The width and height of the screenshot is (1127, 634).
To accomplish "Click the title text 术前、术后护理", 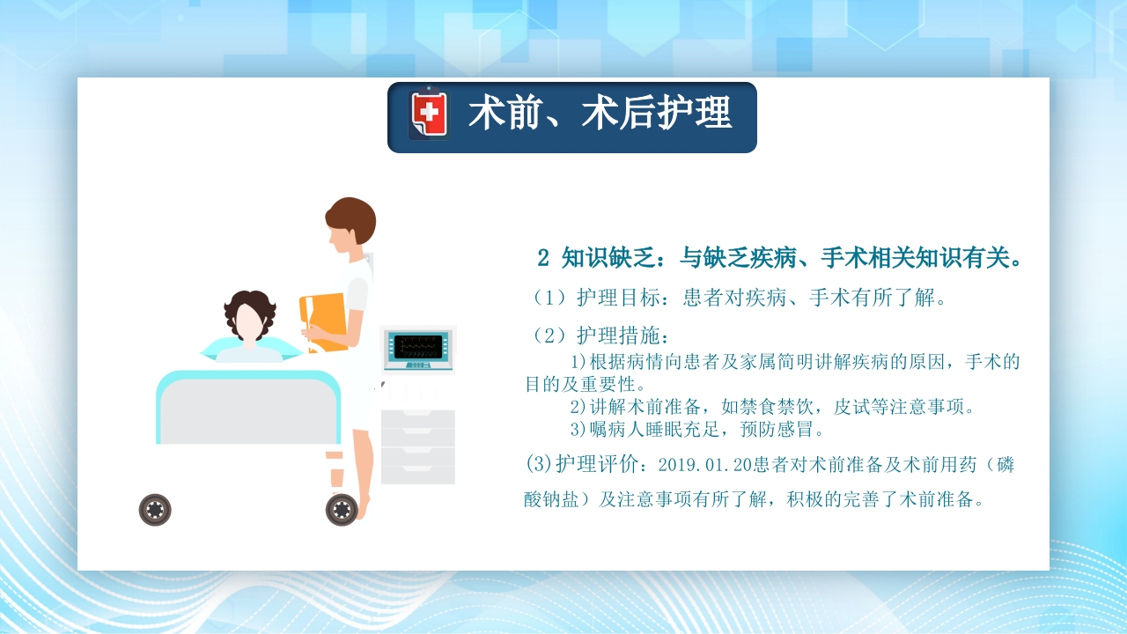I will [x=600, y=114].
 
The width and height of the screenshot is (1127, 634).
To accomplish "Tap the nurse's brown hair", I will [x=351, y=218].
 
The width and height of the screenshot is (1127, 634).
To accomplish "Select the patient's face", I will [x=249, y=325].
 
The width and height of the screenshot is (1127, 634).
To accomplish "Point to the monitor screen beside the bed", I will [x=418, y=343].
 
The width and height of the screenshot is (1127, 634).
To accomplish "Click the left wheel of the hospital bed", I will [x=155, y=509].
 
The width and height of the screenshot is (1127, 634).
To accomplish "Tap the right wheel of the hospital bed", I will [x=342, y=509].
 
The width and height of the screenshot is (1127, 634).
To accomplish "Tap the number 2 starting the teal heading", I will [x=543, y=258].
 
